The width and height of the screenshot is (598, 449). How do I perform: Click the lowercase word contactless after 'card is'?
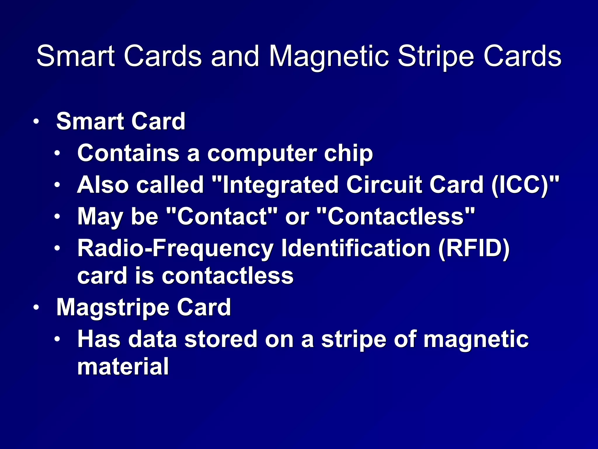pos(227,276)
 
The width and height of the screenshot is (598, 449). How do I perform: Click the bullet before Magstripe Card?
pos(36,308)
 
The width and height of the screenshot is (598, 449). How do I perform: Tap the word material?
pos(123,367)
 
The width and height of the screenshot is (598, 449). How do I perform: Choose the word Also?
pos(102,185)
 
